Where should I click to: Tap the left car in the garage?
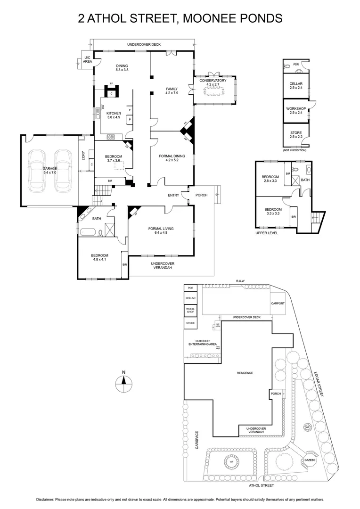pyautogui.click(x=36, y=171)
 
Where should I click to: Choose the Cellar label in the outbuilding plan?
pyautogui.click(x=296, y=85)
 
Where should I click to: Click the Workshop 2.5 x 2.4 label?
pyautogui.click(x=296, y=111)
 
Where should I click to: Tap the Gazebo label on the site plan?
pyautogui.click(x=309, y=459)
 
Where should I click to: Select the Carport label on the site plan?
pyautogui.click(x=278, y=304)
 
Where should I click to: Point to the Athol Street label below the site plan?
pyautogui.click(x=262, y=485)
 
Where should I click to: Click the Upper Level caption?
pyautogui.click(x=267, y=233)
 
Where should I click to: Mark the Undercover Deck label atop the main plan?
pyautogui.click(x=144, y=44)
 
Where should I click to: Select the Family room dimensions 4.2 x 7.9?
pyautogui.click(x=172, y=93)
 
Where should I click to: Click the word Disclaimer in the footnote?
pyautogui.click(x=45, y=499)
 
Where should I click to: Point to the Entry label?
pyautogui.click(x=173, y=195)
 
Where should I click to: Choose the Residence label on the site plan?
pyautogui.click(x=245, y=373)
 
